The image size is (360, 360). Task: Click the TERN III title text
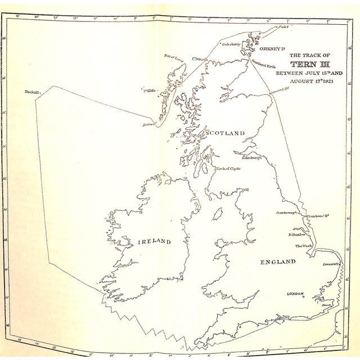click(308, 64)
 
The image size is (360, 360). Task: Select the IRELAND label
click(154, 241)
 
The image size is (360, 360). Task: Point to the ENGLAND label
click(277, 262)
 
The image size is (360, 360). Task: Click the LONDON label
click(295, 294)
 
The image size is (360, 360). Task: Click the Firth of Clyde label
click(227, 168)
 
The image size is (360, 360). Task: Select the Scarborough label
click(286, 213)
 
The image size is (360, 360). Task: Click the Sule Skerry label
click(231, 44)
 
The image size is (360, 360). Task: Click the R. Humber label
click(296, 235)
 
